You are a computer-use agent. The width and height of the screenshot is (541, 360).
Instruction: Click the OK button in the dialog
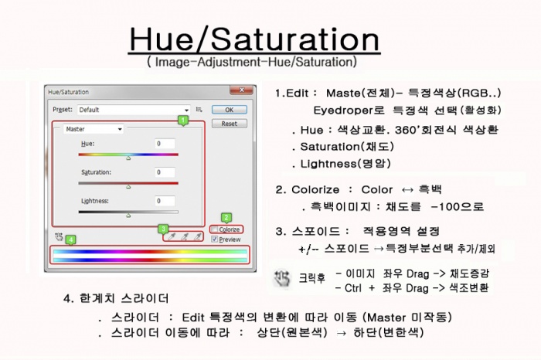point(230,110)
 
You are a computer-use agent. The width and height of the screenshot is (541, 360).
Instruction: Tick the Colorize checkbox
point(215,229)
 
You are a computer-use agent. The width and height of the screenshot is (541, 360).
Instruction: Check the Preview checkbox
point(215,239)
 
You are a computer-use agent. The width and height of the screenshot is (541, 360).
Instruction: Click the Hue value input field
point(165,144)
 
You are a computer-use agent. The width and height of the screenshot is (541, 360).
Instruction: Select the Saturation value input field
point(165,172)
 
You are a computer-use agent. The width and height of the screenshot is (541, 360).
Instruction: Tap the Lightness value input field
point(165,201)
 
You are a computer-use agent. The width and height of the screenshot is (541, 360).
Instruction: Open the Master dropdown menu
point(94,129)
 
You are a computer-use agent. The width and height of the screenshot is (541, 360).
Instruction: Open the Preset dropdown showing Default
point(134,110)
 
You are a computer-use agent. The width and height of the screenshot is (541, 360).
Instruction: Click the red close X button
point(241,90)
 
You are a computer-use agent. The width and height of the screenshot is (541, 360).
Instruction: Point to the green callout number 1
point(183,121)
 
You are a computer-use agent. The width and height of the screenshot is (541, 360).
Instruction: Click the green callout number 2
point(226,218)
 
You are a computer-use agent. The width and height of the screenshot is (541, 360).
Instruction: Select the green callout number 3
point(163,229)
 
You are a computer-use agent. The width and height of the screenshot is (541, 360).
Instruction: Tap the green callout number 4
point(71,239)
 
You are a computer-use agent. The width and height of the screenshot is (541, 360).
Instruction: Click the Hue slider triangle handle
point(128,158)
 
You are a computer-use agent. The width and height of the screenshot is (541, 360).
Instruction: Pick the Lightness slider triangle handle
point(128,216)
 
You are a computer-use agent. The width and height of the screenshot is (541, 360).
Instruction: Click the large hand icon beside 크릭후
point(282,279)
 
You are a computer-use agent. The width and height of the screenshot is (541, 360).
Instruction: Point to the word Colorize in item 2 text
point(315,189)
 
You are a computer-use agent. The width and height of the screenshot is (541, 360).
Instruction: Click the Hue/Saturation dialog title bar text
point(68,92)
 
